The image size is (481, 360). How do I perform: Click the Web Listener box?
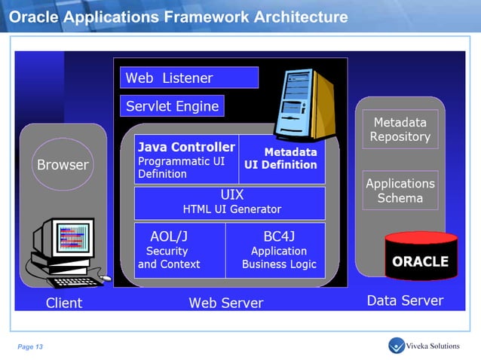pos(188,78)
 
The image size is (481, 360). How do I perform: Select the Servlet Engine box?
pos(172,106)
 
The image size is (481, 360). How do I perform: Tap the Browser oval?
pos(63,164)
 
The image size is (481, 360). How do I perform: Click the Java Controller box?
pos(186,160)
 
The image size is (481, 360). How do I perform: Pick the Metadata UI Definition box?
pos(281,159)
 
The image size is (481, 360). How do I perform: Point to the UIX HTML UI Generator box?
pos(230,203)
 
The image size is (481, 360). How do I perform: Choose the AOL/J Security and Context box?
pos(179,250)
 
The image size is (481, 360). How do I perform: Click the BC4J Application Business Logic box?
pos(275,250)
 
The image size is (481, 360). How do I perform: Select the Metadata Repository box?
pos(400,130)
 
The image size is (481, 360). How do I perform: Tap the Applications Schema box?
pos(400,191)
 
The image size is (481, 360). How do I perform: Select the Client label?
pos(63,303)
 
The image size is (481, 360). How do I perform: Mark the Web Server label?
pos(225,303)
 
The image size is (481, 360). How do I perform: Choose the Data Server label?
pos(405,301)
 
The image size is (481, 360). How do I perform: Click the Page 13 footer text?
pos(31,346)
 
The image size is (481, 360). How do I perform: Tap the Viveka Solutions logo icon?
pos(397,346)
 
